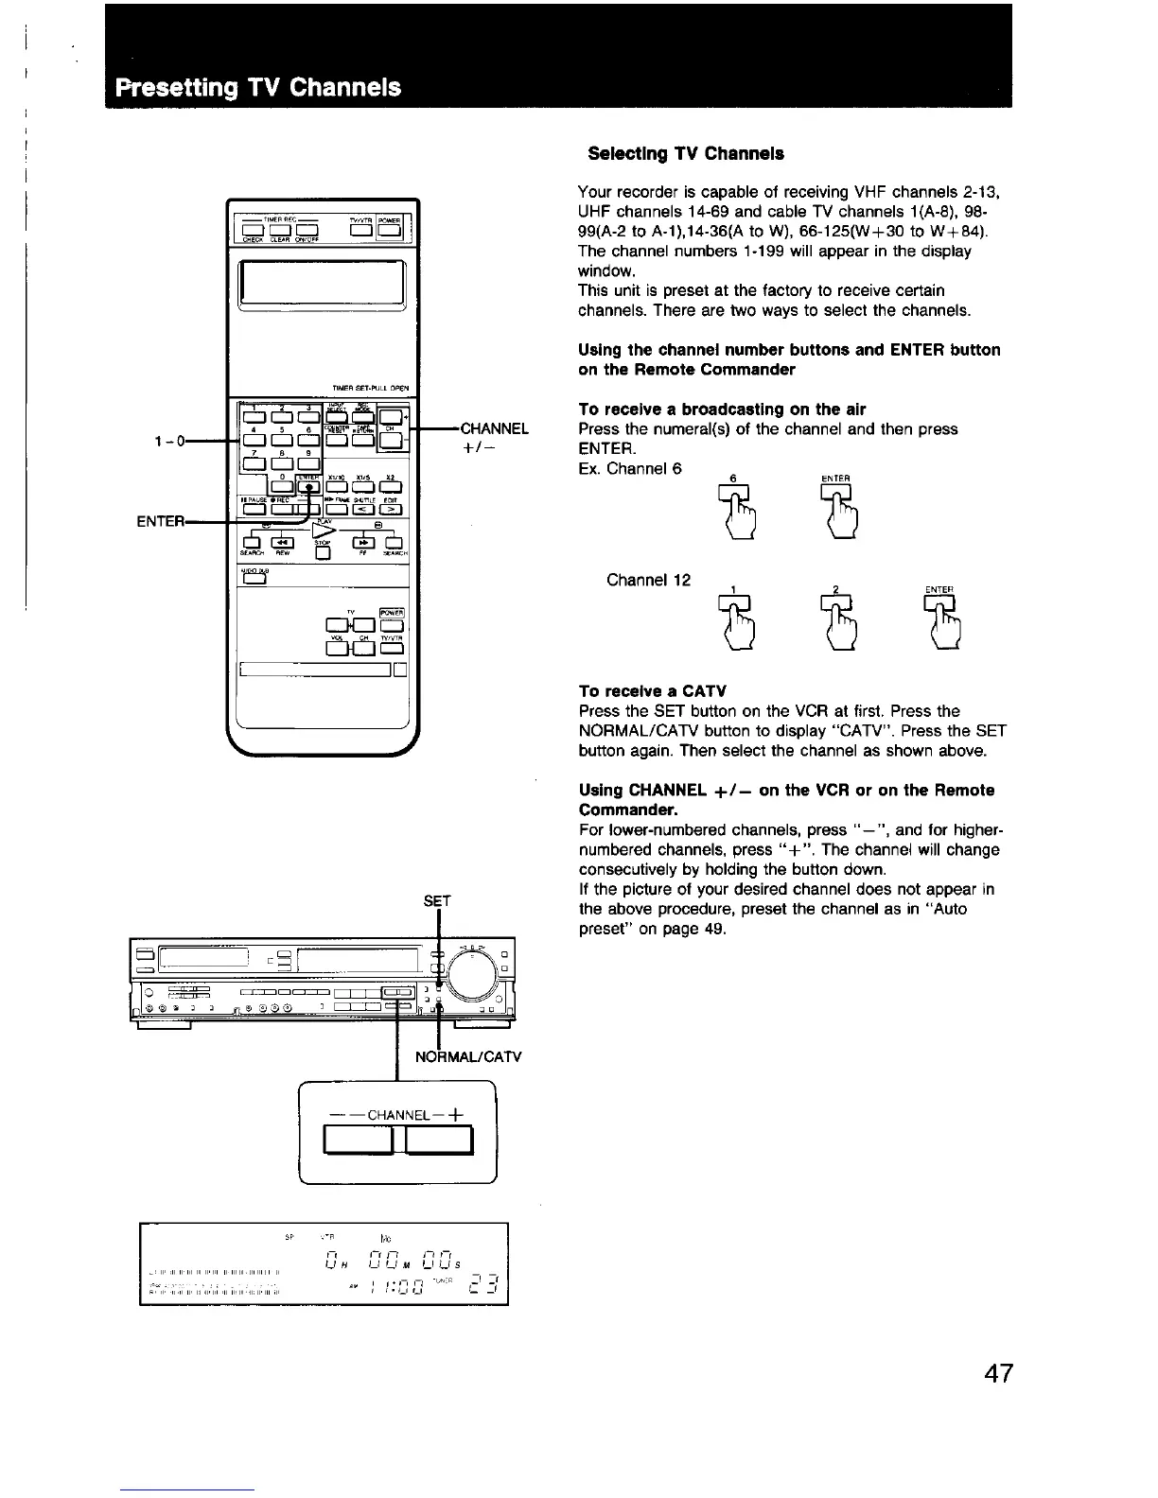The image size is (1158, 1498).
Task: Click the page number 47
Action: (x=997, y=1373)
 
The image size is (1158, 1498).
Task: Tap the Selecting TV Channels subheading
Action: (x=685, y=153)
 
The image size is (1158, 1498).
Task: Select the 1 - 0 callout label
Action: (x=171, y=440)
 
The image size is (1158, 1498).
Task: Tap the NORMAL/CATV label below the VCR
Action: (x=468, y=1056)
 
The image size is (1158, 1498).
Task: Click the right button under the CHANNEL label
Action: (x=439, y=1141)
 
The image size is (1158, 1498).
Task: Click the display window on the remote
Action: (x=323, y=281)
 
